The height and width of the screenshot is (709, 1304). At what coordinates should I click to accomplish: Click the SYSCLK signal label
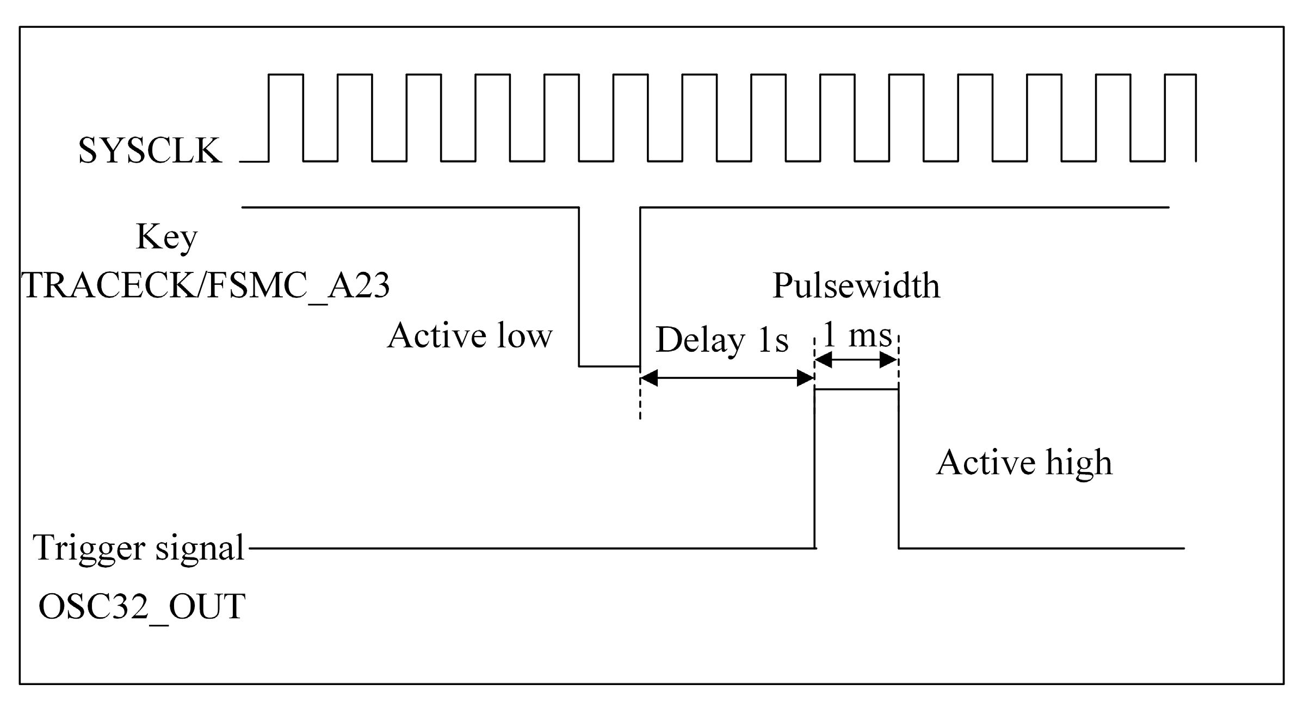click(x=150, y=151)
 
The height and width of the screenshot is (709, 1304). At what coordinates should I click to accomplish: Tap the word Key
click(x=166, y=237)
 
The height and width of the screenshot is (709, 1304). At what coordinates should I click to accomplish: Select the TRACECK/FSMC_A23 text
click(x=206, y=285)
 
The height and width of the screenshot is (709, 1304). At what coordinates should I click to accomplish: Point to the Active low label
click(x=469, y=335)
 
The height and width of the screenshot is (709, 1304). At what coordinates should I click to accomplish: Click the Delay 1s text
click(x=722, y=340)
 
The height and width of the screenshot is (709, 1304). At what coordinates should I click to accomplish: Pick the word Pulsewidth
click(x=856, y=285)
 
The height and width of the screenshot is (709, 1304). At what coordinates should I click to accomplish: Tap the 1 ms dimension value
click(x=857, y=335)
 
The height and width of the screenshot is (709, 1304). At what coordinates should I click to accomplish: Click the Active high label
click(x=1024, y=463)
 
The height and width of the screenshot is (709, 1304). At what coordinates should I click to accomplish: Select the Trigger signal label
click(x=138, y=548)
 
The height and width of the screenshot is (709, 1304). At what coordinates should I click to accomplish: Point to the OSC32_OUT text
click(x=142, y=606)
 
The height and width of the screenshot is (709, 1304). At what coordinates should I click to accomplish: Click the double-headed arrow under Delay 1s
click(x=727, y=378)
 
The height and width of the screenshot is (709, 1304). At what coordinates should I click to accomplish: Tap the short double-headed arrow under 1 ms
click(x=856, y=360)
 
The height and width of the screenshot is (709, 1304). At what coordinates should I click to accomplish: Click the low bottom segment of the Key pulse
click(x=609, y=366)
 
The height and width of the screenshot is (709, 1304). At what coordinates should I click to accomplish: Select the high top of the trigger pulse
click(x=856, y=389)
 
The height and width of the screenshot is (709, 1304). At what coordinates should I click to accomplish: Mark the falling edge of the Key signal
click(x=579, y=287)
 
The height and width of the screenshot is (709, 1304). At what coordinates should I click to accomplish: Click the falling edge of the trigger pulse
click(x=898, y=469)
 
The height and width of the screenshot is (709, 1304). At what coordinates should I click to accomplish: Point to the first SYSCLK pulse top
click(x=286, y=74)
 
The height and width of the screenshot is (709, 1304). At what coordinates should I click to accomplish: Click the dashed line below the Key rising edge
click(x=640, y=400)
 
